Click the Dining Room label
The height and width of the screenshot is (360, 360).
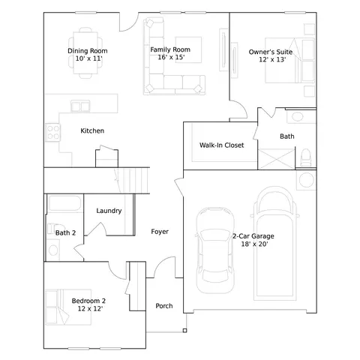[88, 51]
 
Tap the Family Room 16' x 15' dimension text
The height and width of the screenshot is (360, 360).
[171, 57]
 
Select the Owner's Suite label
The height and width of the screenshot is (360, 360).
[271, 52]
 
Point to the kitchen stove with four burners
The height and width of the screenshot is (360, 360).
[53, 133]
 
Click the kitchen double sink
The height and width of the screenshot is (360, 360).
[80, 106]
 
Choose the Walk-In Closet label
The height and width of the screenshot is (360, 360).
[221, 145]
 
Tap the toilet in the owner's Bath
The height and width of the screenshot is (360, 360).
[305, 157]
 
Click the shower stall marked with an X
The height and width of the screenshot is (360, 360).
[276, 159]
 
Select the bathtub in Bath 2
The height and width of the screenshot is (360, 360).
[64, 203]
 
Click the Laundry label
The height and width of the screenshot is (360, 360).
[109, 211]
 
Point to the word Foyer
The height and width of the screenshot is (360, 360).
[160, 232]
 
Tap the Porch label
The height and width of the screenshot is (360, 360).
[164, 306]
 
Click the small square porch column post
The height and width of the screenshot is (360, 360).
[184, 331]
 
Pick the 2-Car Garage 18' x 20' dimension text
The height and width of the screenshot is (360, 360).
[254, 244]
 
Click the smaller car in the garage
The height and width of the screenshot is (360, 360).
[215, 250]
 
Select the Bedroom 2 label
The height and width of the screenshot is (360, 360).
[88, 301]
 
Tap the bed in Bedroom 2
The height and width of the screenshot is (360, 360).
[68, 307]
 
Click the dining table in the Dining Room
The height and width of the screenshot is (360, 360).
[85, 52]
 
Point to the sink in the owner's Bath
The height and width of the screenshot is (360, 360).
[298, 116]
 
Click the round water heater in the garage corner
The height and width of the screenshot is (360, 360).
[307, 180]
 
